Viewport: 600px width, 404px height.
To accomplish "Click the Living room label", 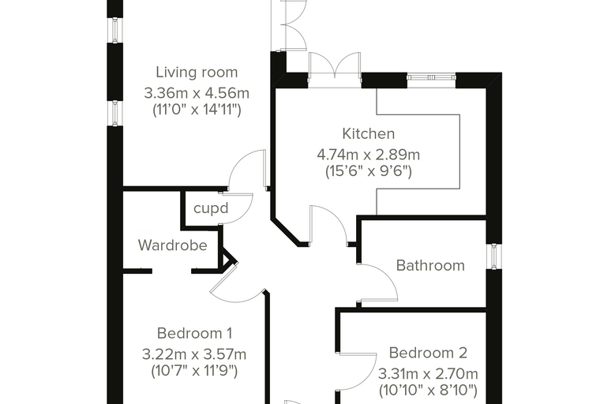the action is pos(197,73).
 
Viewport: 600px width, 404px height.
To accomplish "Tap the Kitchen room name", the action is pos(369,134).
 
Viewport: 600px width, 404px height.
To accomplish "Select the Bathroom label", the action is pos(430,265).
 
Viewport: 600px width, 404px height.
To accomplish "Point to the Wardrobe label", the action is pos(173,245).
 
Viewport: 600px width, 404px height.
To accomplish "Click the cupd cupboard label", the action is pos(211,208).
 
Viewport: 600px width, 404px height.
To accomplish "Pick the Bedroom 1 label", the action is pos(194,333).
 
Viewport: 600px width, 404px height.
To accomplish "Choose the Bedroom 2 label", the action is pos(428,353).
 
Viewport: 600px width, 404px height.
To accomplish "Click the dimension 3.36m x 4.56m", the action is pos(197,93).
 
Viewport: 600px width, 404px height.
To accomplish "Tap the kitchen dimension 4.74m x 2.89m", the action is pos(369,155).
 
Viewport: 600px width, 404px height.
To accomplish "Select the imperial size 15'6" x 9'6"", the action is pos(369,171).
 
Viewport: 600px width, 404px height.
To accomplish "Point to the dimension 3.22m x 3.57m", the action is pos(194,354).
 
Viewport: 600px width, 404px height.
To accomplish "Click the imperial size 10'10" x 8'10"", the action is pos(428,391).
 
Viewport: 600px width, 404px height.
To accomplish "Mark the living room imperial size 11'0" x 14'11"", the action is pos(197,110).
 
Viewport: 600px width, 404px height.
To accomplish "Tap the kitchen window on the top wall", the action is pos(431,77).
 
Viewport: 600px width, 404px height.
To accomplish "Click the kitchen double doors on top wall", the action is pos(335,68).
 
